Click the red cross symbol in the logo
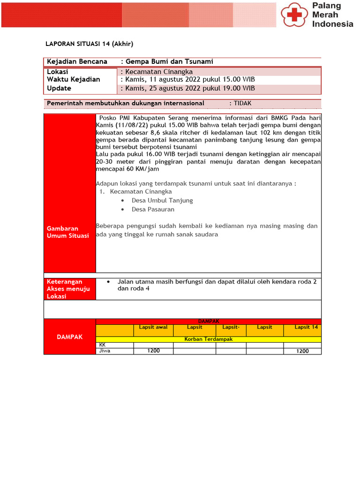tap(294, 15)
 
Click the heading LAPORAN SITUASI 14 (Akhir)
tap(89, 44)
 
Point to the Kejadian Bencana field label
tap(77, 61)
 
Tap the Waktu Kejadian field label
tap(74, 79)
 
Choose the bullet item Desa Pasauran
tap(153, 210)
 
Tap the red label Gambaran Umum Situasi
tap(68, 232)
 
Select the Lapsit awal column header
tap(153, 327)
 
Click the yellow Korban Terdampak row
tap(209, 339)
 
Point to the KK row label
tap(103, 345)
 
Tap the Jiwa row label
tap(105, 351)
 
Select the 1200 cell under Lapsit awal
tap(153, 351)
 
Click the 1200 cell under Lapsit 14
tap(302, 351)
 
